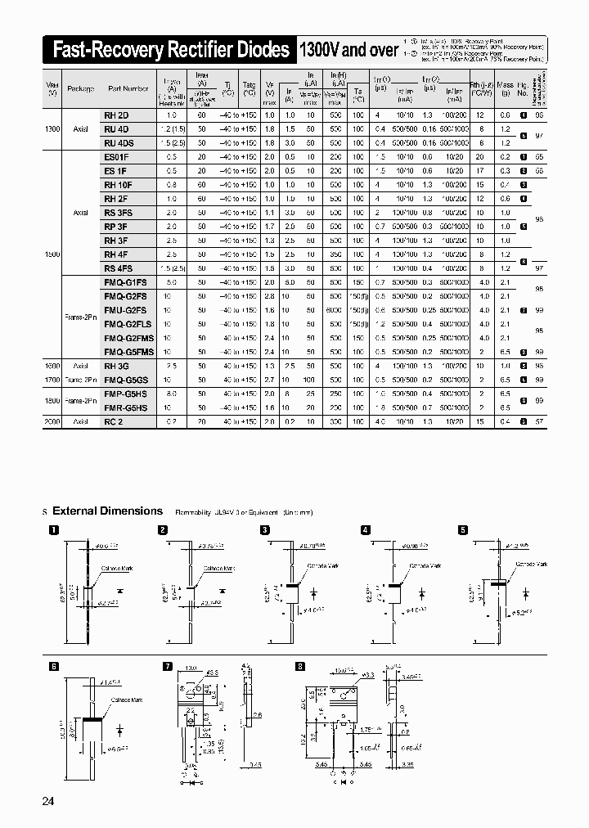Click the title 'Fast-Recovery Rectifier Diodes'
click(x=170, y=51)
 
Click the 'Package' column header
click(x=80, y=88)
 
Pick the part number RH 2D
click(x=115, y=115)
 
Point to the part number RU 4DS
click(x=118, y=142)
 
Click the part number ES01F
click(x=116, y=156)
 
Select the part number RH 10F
click(x=118, y=185)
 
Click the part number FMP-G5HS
click(x=126, y=394)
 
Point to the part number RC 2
click(x=114, y=421)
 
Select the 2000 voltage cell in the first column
click(x=52, y=421)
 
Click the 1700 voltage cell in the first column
click(x=52, y=380)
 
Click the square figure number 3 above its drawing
click(x=265, y=530)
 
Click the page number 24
click(x=47, y=801)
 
